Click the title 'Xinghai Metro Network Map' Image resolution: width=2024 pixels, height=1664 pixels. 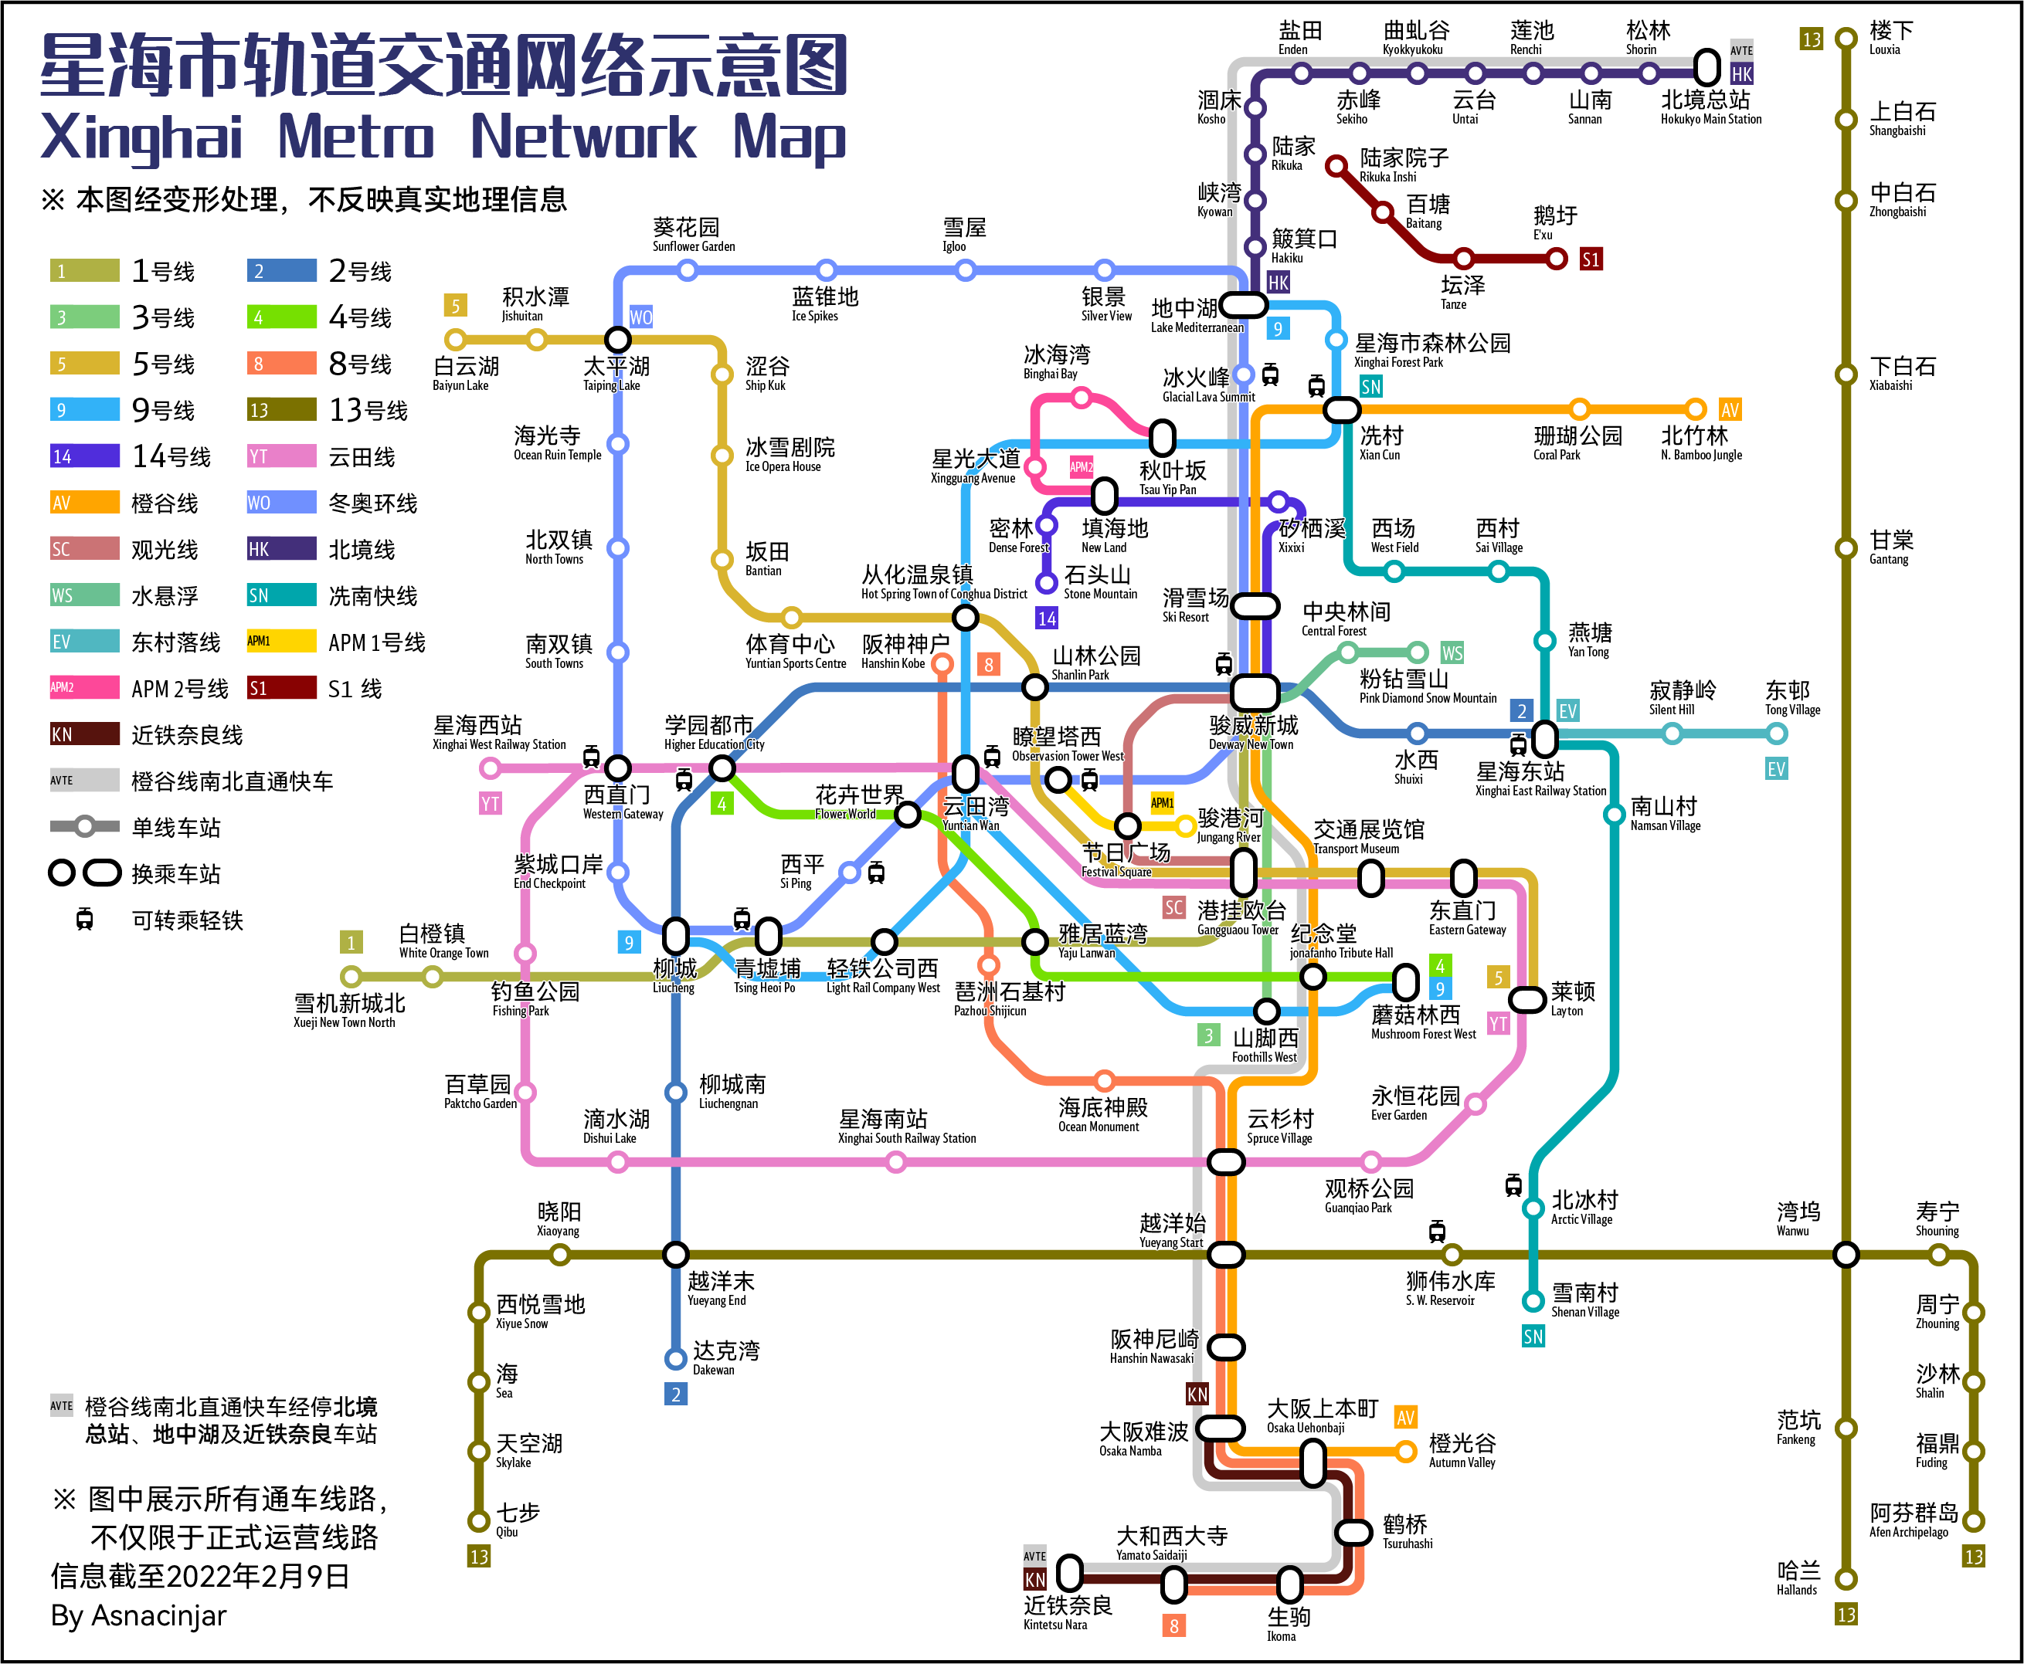[x=443, y=138]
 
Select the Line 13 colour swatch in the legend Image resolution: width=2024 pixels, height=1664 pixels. [x=281, y=410]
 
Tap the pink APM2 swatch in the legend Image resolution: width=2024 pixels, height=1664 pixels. [x=84, y=687]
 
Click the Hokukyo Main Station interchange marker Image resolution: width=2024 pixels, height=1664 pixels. [x=1706, y=67]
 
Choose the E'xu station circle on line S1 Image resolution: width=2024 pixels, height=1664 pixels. [x=1557, y=259]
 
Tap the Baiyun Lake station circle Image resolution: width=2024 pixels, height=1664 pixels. [x=456, y=339]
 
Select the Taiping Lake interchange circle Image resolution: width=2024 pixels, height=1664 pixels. [x=617, y=339]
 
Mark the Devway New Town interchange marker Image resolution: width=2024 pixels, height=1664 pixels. [x=1254, y=691]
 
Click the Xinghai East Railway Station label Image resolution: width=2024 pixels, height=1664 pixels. [x=1539, y=779]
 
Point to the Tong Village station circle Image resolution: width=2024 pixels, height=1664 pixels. [x=1777, y=734]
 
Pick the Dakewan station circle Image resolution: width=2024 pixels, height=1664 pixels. [x=676, y=1358]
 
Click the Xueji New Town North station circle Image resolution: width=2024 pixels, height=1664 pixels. [x=351, y=977]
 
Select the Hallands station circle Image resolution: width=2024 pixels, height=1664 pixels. [x=1846, y=1579]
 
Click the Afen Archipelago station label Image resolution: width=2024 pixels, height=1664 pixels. [x=1912, y=1520]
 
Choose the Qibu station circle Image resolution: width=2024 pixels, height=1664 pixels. [x=478, y=1520]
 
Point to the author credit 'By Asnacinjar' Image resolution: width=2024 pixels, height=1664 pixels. [x=138, y=1616]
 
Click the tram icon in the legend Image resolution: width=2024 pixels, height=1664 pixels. [x=84, y=920]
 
